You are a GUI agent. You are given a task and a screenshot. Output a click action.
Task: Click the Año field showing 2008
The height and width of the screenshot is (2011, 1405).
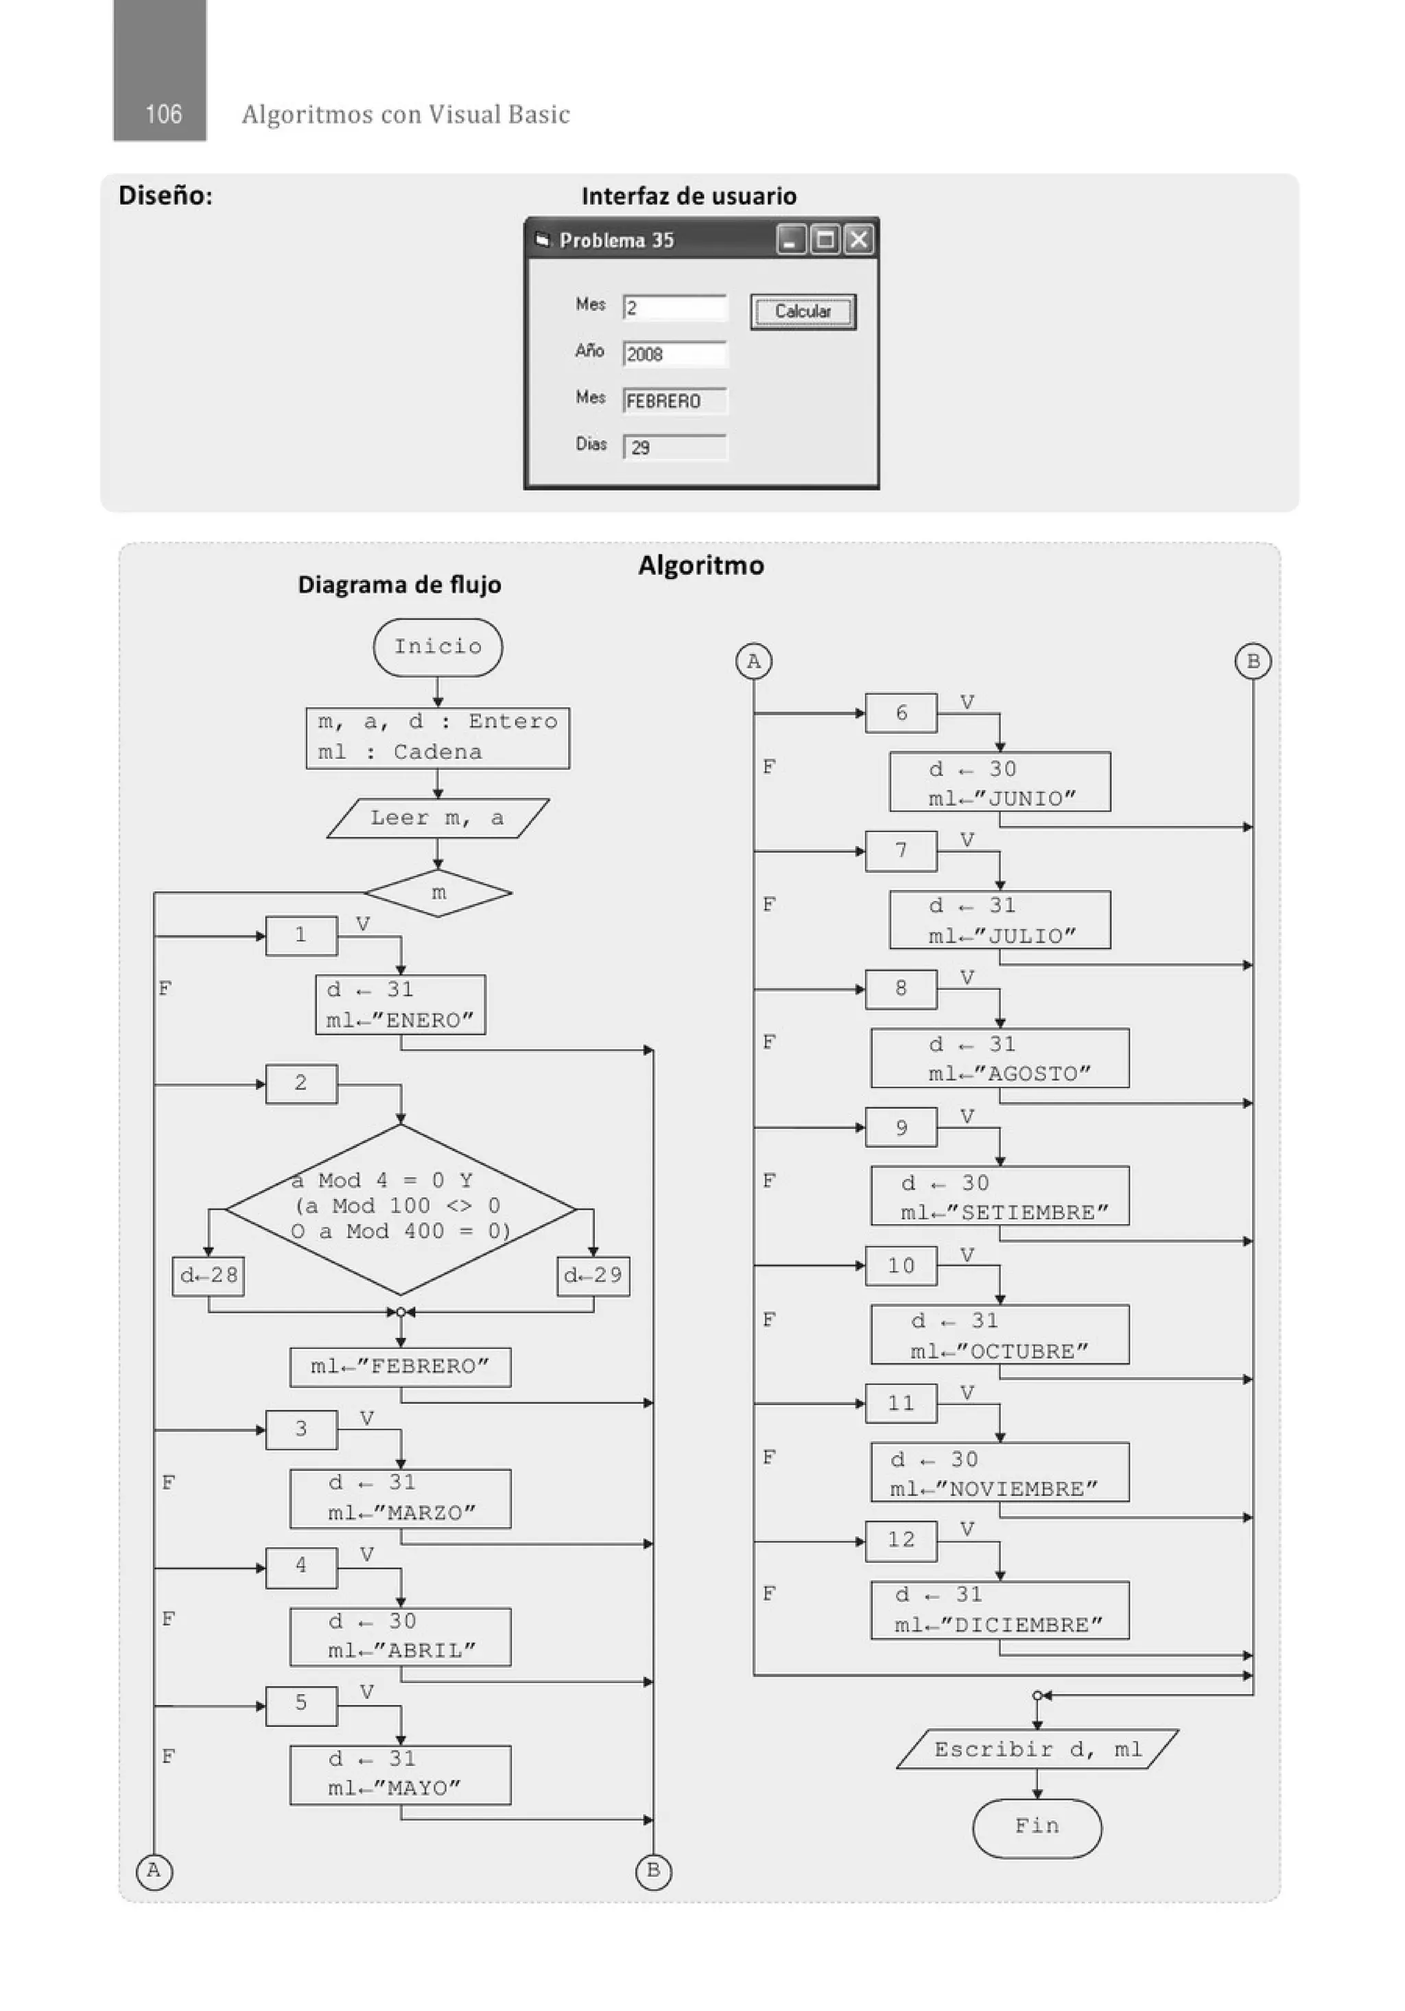[674, 354]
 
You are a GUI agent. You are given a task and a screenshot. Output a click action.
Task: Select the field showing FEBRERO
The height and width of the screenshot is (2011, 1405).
[674, 400]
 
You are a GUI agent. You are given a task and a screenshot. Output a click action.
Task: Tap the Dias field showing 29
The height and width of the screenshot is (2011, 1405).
[674, 447]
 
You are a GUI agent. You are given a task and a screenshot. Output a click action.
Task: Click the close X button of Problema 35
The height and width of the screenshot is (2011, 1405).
[858, 239]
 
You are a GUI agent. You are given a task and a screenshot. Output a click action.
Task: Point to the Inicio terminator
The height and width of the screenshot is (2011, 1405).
[437, 647]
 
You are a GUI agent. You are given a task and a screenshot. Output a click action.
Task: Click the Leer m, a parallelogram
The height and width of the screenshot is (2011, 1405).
[437, 818]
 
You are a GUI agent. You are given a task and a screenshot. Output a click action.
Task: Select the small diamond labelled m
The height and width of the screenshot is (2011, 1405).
[437, 893]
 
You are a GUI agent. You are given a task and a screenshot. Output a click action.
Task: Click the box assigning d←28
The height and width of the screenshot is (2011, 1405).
[209, 1275]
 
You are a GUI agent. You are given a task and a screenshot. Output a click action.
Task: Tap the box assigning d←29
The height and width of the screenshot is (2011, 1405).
[593, 1275]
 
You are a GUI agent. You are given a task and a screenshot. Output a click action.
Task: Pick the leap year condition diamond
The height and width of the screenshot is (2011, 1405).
[401, 1209]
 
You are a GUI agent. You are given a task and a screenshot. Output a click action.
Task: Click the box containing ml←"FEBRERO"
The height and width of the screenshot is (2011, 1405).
[401, 1366]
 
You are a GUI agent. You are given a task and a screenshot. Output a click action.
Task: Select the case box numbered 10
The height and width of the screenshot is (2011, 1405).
[901, 1266]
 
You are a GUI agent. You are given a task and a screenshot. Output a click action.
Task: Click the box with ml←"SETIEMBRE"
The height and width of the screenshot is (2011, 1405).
[1000, 1196]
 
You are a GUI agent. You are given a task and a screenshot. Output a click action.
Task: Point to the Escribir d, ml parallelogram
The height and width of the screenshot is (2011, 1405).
[1037, 1749]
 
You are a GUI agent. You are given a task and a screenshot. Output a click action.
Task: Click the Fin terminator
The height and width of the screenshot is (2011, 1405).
[1037, 1826]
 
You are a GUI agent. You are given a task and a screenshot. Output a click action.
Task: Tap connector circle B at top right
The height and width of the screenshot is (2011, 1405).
[1253, 661]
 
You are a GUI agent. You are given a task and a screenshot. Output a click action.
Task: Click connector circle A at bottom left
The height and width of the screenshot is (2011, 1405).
[154, 1871]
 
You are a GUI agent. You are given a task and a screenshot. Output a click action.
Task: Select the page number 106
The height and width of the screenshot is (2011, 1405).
[163, 114]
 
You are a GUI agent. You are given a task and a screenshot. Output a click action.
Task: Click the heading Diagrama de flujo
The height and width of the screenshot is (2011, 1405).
[399, 584]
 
